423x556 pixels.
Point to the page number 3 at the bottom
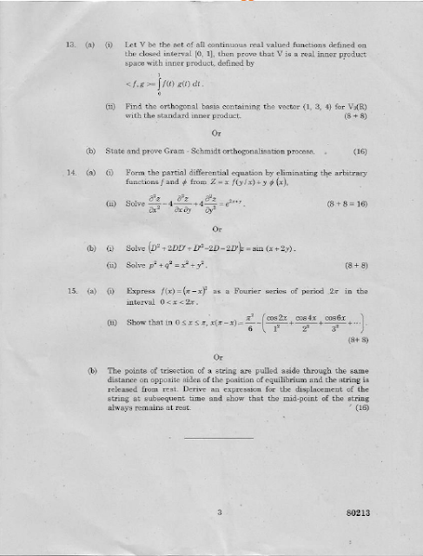point(221,513)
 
